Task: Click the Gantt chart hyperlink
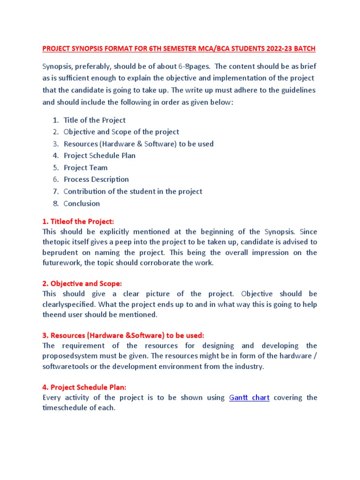(249, 397)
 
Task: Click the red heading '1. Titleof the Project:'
(78, 221)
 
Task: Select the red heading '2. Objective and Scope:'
(82, 283)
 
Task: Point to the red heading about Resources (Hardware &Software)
(123, 335)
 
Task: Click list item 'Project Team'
(86, 167)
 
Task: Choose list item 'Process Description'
(96, 179)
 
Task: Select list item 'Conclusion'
(82, 203)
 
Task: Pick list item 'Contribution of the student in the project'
(133, 191)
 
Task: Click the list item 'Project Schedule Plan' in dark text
(99, 155)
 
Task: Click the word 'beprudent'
(60, 252)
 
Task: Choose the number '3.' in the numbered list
(55, 143)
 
